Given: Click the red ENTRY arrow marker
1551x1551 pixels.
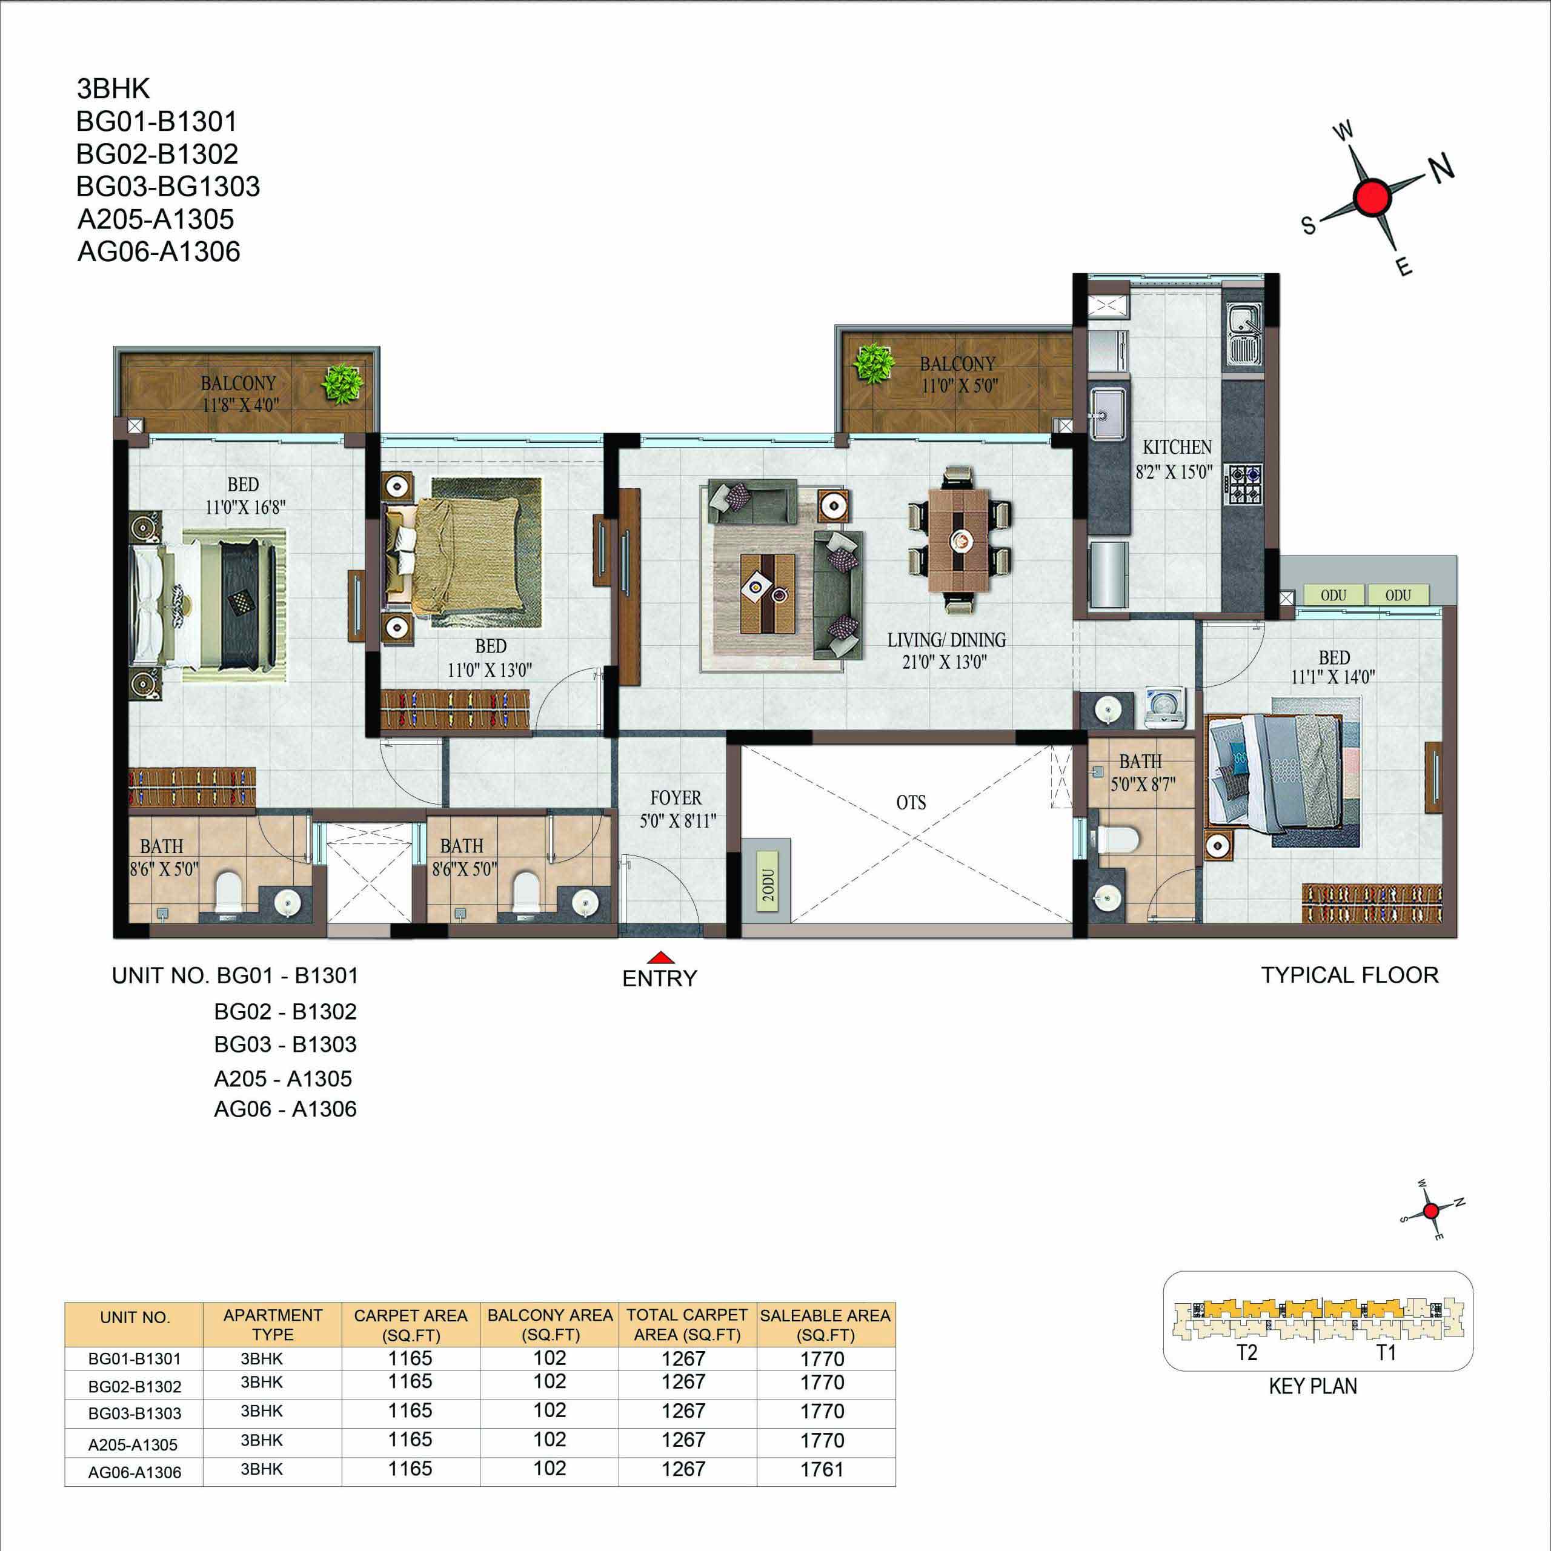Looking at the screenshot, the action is coord(660,957).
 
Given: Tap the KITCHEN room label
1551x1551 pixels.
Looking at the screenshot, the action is coord(1177,447).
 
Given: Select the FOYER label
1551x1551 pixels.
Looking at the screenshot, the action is coord(676,798).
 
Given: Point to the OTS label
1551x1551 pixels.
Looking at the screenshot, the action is coord(911,803).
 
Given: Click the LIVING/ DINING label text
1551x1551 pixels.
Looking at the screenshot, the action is coord(946,640).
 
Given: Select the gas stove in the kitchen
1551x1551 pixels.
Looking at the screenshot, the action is coord(1244,485).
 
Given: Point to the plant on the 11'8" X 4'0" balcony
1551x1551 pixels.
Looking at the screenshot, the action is coord(343,384).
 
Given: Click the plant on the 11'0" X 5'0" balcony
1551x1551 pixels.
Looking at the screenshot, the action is coord(874,365).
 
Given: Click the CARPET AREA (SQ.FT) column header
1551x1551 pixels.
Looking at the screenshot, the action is coord(410,1324).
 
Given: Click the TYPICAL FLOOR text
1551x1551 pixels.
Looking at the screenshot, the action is coord(1349,975).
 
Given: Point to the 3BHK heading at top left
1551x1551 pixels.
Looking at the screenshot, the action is coord(113,88).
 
